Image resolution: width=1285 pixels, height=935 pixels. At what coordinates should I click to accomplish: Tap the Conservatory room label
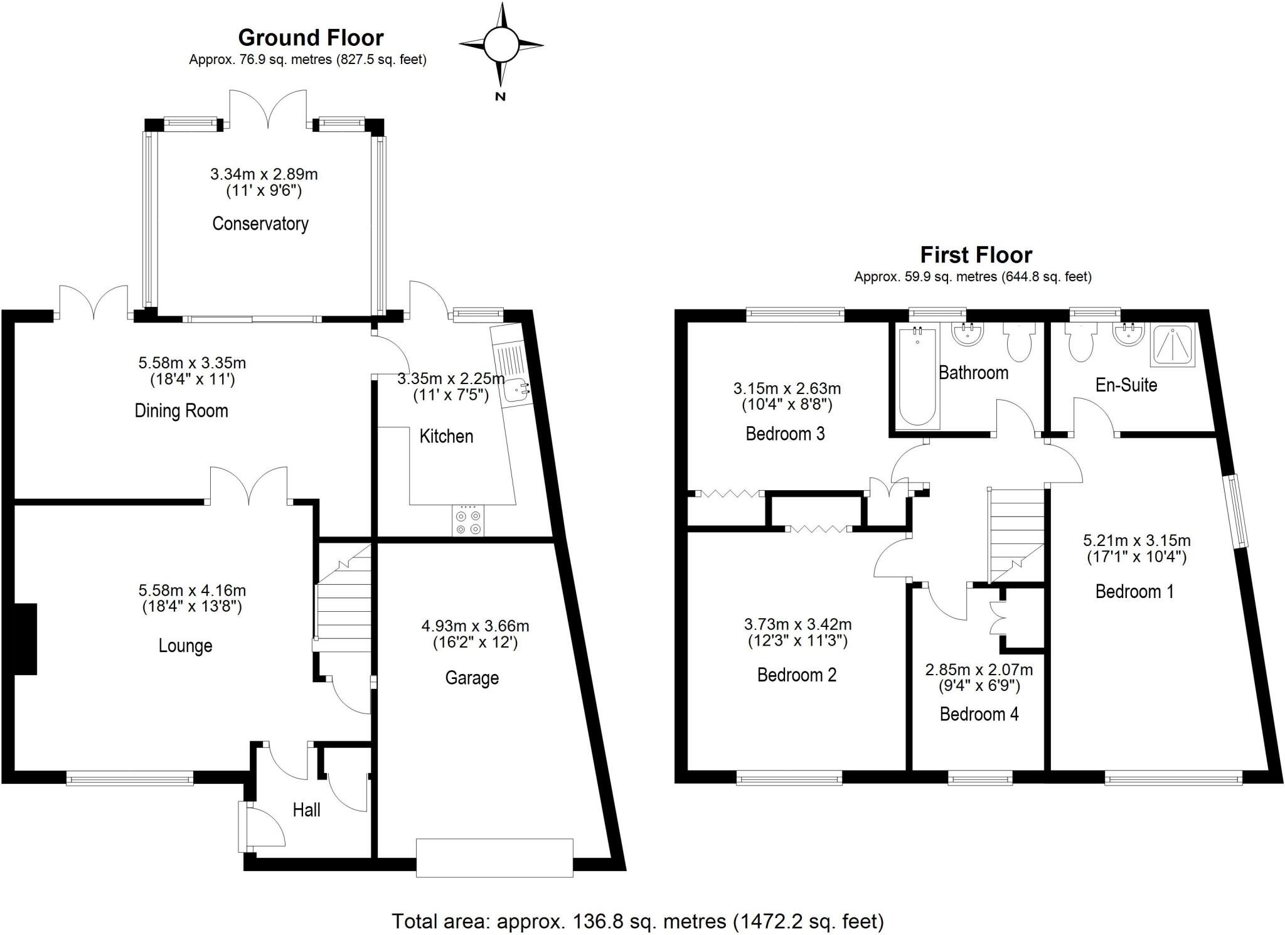(260, 223)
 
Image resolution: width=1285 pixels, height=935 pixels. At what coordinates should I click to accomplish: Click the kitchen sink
(516, 391)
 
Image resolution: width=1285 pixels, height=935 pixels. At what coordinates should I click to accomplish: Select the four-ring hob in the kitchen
(468, 521)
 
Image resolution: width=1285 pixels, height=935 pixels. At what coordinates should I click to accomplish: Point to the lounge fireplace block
(25, 639)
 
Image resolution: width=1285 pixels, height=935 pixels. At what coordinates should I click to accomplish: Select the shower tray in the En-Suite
(1172, 345)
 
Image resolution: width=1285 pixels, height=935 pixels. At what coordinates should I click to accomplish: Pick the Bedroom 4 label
(979, 714)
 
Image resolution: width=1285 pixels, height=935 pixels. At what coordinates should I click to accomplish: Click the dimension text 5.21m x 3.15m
(1136, 540)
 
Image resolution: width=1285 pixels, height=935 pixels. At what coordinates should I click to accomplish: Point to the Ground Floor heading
(311, 38)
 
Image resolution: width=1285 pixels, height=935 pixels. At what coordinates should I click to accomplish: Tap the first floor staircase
(1016, 533)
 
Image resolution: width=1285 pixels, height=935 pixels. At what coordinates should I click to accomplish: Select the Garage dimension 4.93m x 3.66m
(475, 626)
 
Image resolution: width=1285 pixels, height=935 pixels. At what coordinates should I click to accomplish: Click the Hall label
(306, 810)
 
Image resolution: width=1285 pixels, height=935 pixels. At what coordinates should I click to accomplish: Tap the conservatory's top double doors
(269, 110)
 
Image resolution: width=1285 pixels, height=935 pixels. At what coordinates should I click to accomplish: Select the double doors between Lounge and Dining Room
(249, 486)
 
